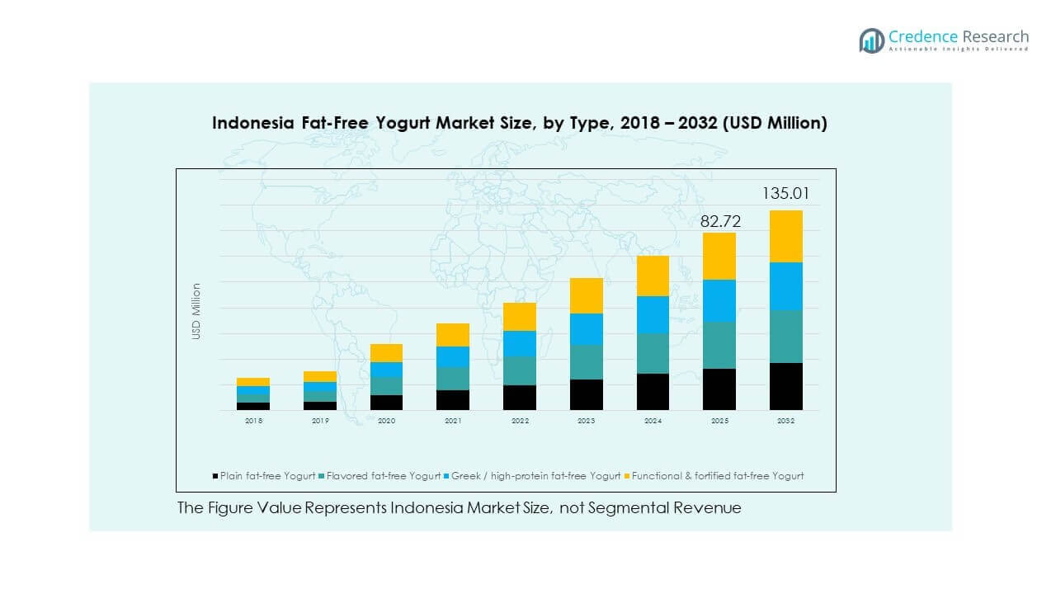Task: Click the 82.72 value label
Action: pos(719,221)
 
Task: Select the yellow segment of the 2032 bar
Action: pos(785,236)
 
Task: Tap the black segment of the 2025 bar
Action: pos(719,389)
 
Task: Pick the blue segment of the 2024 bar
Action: pos(653,314)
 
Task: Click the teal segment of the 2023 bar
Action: pos(586,362)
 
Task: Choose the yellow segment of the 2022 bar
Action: pos(520,317)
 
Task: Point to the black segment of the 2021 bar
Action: pos(453,400)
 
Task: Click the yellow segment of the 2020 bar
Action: pos(386,353)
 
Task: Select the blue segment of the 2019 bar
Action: pos(320,387)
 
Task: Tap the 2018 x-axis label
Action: pos(253,421)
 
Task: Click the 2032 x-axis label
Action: pos(785,421)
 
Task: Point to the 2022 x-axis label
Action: pos(520,421)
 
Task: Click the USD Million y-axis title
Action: pos(196,311)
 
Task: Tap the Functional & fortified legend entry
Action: pos(714,476)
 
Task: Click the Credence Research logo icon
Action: pos(871,40)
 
